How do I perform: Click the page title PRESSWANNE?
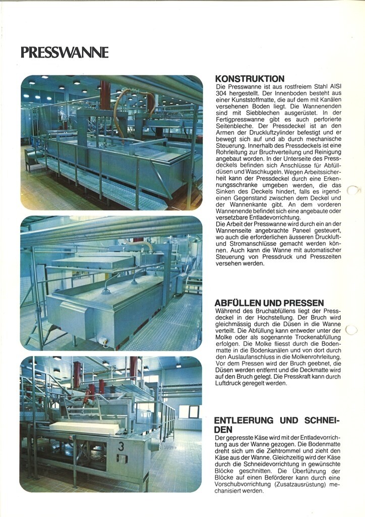tap(65, 53)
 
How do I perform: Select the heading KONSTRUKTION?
tap(250, 79)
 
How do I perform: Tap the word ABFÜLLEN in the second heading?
tap(238, 303)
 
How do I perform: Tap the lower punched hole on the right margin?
tap(352, 330)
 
